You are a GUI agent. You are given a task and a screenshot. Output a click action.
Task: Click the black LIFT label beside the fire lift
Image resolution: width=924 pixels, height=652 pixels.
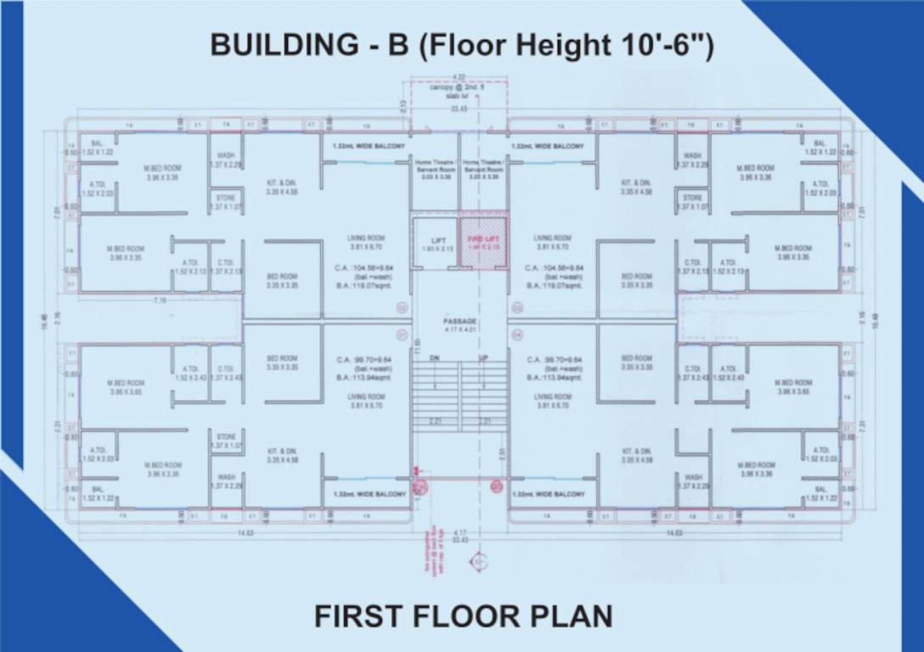pos(438,240)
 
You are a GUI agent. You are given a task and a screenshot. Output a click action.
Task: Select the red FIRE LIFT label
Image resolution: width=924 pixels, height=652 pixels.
pos(482,240)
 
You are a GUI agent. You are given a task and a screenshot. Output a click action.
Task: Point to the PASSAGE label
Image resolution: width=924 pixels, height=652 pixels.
pos(460,321)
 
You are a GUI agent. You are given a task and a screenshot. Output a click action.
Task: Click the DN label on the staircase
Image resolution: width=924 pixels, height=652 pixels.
pos(435,358)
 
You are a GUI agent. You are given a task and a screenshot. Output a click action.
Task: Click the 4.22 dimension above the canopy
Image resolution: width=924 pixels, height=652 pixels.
pos(459,77)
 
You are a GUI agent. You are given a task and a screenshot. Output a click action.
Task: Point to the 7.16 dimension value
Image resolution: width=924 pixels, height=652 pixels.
pos(160,301)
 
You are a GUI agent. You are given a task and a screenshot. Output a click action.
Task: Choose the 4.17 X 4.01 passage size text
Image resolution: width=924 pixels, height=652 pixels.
pos(460,329)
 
